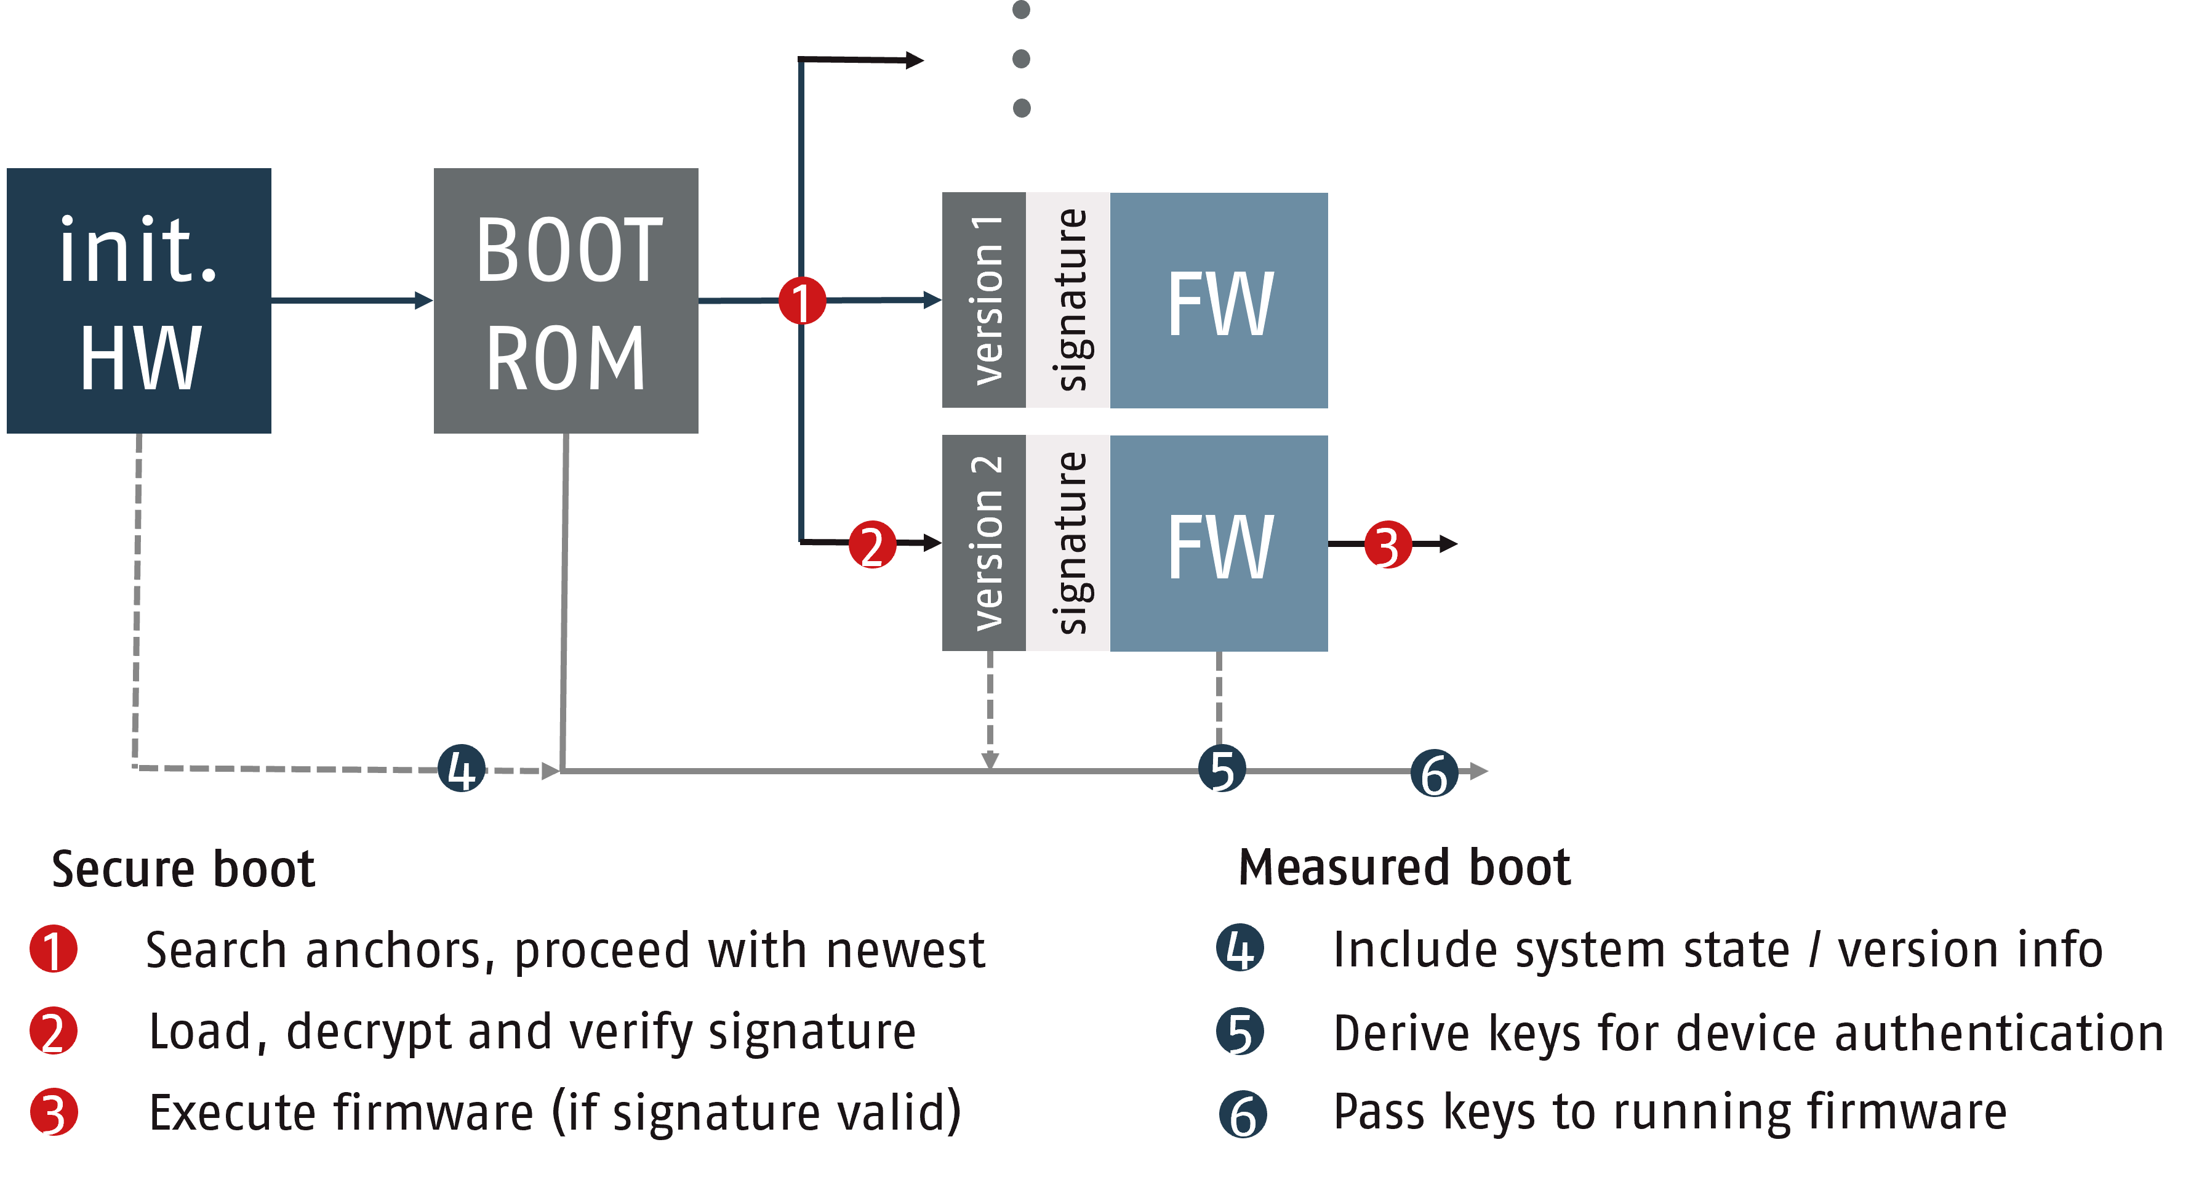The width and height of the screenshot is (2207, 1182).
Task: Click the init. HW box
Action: pyautogui.click(x=139, y=301)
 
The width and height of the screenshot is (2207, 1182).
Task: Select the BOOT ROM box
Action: pyautogui.click(x=566, y=301)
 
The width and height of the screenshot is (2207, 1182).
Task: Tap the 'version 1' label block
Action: pyautogui.click(x=983, y=300)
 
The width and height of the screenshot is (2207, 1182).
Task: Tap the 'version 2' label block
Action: pyautogui.click(x=983, y=543)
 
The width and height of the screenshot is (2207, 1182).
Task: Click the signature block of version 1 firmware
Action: pyautogui.click(x=1068, y=300)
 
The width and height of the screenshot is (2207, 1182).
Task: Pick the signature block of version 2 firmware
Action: pyautogui.click(x=1068, y=543)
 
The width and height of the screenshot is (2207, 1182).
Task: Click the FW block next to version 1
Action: pyautogui.click(x=1219, y=300)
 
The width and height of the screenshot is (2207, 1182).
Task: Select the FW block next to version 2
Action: pyautogui.click(x=1219, y=543)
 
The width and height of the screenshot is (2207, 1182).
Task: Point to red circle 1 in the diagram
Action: pyautogui.click(x=802, y=301)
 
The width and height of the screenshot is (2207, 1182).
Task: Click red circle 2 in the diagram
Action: pyautogui.click(x=872, y=545)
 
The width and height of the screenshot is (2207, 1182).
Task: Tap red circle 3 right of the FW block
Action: pyautogui.click(x=1387, y=545)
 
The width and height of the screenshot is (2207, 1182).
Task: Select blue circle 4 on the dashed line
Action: pyautogui.click(x=461, y=769)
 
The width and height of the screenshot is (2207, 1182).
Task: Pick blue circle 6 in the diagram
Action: pyautogui.click(x=1433, y=773)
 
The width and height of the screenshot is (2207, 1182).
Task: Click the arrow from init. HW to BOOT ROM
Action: pyautogui.click(x=351, y=300)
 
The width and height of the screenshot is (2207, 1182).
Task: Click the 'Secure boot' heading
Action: pyautogui.click(x=183, y=869)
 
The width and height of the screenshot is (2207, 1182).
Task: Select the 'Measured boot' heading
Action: pyautogui.click(x=1404, y=867)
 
